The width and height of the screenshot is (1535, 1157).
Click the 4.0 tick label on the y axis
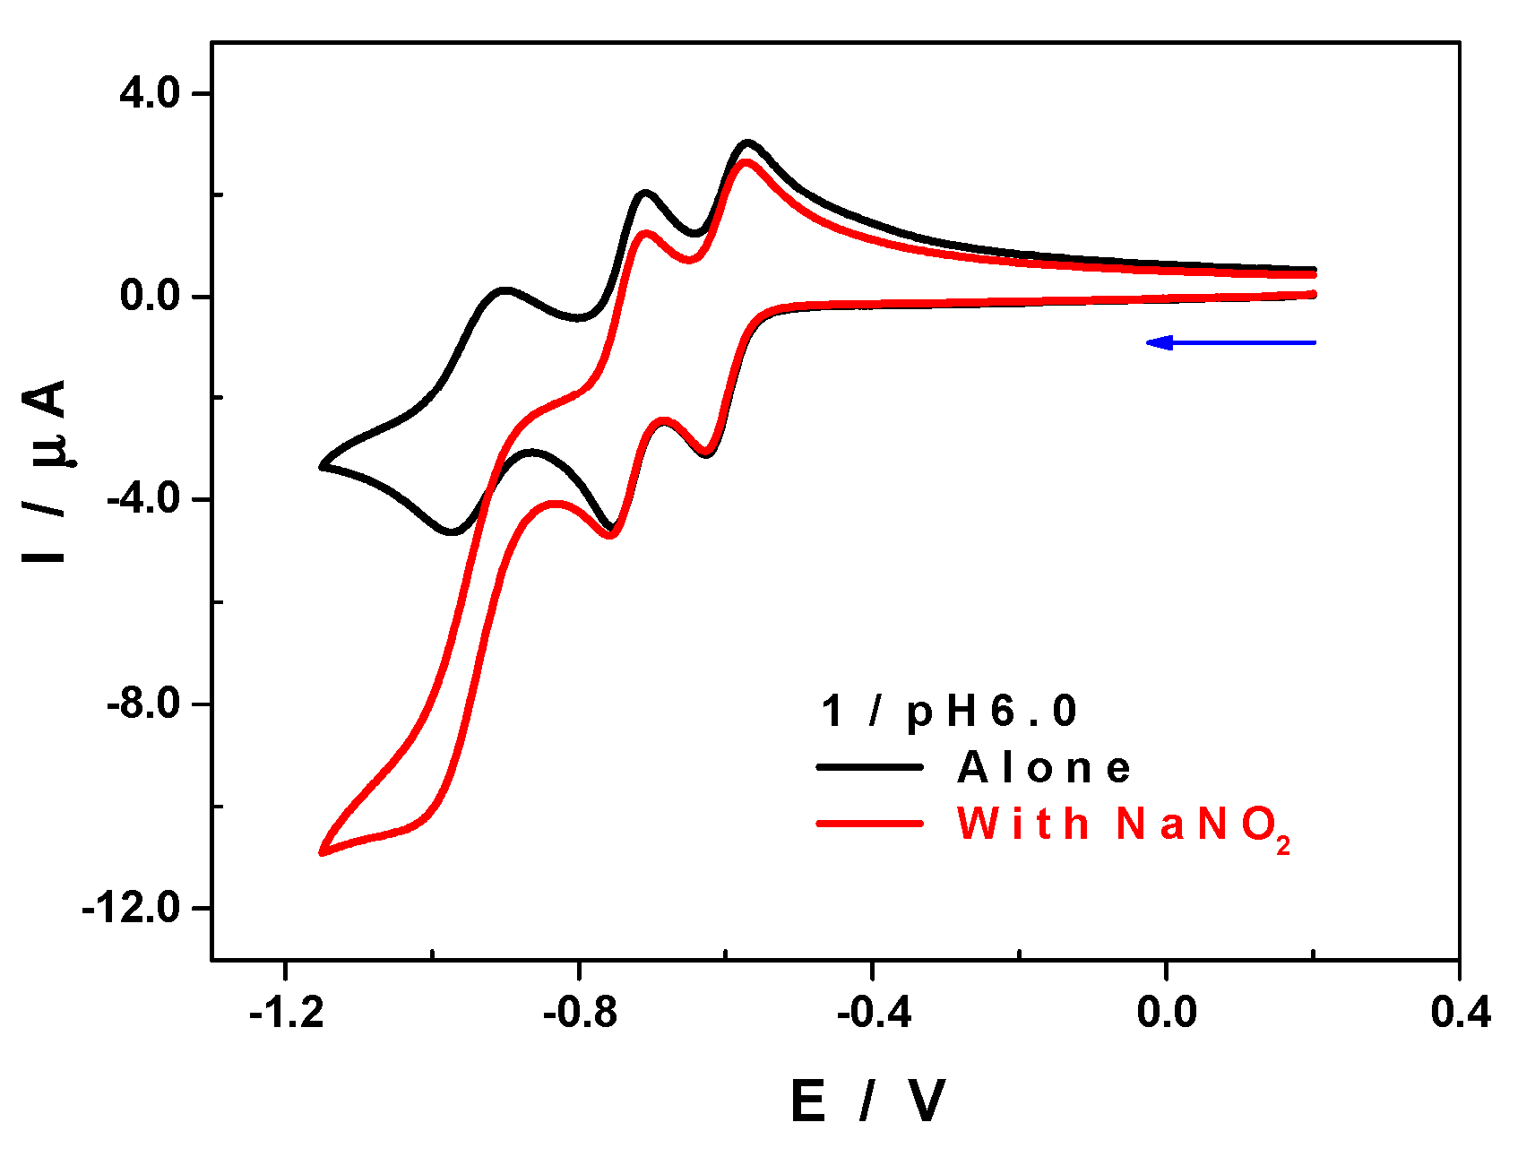click(151, 93)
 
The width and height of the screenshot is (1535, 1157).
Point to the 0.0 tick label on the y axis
click(151, 296)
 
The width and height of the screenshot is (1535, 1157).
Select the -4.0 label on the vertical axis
click(144, 499)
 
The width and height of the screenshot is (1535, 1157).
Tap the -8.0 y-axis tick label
click(144, 704)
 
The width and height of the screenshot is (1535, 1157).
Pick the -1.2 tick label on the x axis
click(286, 1012)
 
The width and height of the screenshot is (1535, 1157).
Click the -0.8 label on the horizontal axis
click(580, 1012)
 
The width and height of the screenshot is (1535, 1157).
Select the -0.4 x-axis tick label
click(873, 1012)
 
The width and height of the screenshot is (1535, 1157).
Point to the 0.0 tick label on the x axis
click(1166, 1012)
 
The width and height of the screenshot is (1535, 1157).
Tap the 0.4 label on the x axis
click(1460, 1012)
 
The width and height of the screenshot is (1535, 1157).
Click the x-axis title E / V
click(867, 1101)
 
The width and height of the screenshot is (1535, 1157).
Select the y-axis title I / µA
click(47, 471)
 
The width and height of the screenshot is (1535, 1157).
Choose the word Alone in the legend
click(1044, 768)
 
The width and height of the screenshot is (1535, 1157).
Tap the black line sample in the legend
click(869, 767)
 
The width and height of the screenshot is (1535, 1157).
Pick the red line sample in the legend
click(869, 823)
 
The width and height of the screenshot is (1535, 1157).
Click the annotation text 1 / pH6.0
click(949, 712)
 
